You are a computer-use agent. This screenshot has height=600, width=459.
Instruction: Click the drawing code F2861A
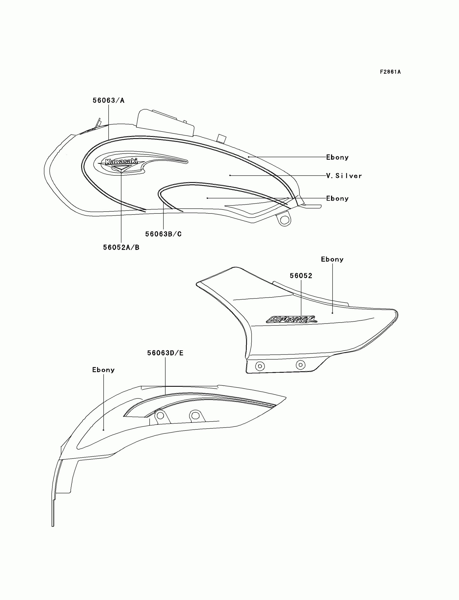390,72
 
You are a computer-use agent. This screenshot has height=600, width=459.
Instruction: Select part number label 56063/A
109,100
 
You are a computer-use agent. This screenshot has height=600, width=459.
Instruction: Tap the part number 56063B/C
163,234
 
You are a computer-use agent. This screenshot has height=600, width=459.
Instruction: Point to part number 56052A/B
121,248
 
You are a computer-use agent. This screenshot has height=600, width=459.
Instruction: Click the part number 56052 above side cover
301,276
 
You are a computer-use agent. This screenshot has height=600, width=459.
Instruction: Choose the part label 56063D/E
165,353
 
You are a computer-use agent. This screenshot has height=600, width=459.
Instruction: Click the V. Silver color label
344,176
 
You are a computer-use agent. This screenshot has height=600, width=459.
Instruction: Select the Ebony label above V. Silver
337,157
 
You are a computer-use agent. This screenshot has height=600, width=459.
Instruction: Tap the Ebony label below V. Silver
337,199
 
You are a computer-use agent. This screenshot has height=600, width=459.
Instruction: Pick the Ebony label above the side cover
332,259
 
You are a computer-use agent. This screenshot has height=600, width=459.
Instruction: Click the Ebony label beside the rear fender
103,370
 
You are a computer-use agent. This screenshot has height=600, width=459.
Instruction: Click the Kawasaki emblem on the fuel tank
121,162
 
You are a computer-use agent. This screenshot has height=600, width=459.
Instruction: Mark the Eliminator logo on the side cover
292,319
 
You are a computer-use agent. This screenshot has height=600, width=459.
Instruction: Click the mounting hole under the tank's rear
284,220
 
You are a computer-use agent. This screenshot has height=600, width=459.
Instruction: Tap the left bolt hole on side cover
260,366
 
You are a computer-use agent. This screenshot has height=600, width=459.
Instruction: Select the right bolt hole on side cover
301,365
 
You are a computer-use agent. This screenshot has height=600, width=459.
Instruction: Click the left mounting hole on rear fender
160,416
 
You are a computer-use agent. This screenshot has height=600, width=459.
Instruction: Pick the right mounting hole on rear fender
195,416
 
